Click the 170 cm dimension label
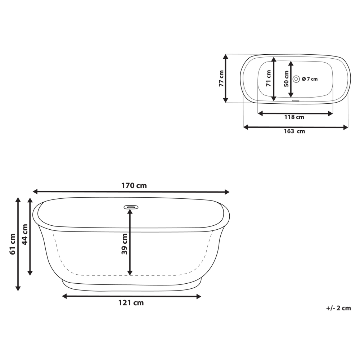134,186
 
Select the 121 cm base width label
131,303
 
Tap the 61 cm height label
13,244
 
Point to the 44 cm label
24,234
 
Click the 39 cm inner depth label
124,244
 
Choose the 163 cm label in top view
294,131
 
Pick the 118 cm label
294,117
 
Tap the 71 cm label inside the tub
269,79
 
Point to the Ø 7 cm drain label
310,79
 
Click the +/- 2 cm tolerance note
338,308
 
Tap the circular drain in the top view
296,79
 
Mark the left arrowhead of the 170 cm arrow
35,192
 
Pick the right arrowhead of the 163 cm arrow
346,127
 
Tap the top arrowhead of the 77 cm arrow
226,56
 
